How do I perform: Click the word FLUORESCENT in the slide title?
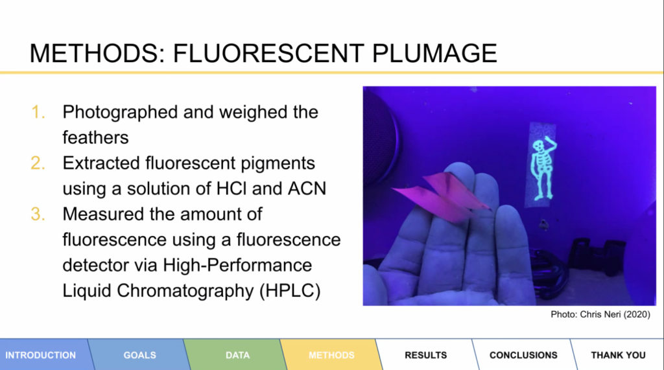[268, 53]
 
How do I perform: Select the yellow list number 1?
[38, 112]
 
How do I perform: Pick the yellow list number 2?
[38, 163]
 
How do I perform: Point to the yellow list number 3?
[38, 214]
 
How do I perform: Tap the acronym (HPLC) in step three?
[290, 291]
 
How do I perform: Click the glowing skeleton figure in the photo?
[543, 168]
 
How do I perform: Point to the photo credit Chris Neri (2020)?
[615, 314]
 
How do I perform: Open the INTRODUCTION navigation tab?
[41, 355]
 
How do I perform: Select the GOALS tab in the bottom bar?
[140, 355]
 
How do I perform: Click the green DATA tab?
[237, 355]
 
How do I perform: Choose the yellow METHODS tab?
[331, 355]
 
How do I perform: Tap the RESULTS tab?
[425, 355]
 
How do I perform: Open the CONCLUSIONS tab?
[523, 355]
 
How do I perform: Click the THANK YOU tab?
[618, 355]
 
